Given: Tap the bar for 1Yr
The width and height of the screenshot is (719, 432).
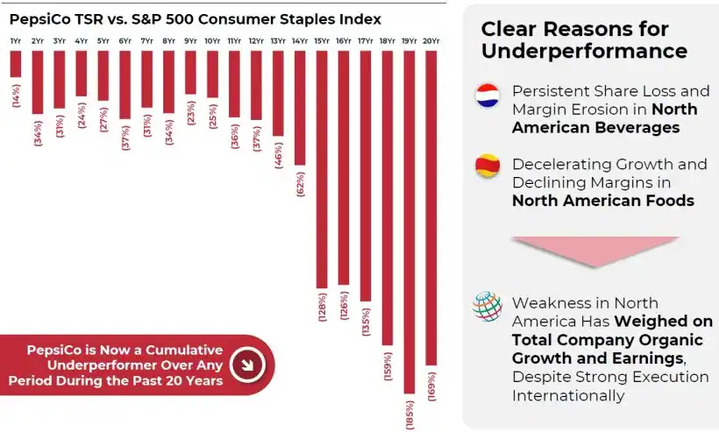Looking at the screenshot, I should point(16,64).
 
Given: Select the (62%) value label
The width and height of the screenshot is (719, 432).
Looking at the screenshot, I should point(300,182).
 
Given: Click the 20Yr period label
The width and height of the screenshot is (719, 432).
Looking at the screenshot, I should point(431,41).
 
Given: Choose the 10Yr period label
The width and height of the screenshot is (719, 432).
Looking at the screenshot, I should point(212,41).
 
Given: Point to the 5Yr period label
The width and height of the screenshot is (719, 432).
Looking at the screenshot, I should point(103,41).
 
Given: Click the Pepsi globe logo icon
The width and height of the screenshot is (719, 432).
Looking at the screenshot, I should point(487,96).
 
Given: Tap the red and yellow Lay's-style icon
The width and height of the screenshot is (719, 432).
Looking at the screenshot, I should point(487,165).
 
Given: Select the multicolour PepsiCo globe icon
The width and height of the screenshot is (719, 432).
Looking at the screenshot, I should point(487,307).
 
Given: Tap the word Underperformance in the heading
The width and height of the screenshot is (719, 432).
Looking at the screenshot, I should point(584,51).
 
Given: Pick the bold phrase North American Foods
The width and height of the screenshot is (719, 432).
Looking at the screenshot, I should point(602,201).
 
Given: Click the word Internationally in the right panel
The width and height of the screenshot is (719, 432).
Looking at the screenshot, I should point(568,395).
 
